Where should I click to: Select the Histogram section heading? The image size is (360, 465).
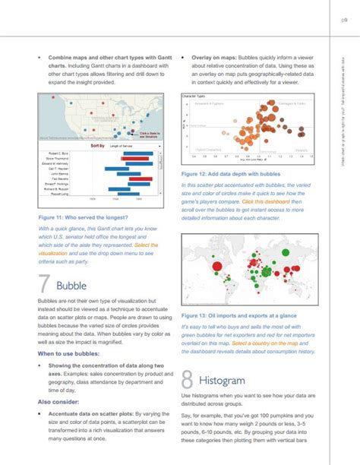pyautogui.click(x=223, y=379)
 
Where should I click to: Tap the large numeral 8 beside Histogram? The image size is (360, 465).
pyautogui.click(x=189, y=380)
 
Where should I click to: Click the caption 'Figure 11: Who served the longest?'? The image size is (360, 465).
pyautogui.click(x=75, y=218)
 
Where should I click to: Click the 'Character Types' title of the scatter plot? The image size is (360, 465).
pyautogui.click(x=195, y=96)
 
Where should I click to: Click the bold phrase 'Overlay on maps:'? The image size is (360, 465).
pyautogui.click(x=217, y=56)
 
